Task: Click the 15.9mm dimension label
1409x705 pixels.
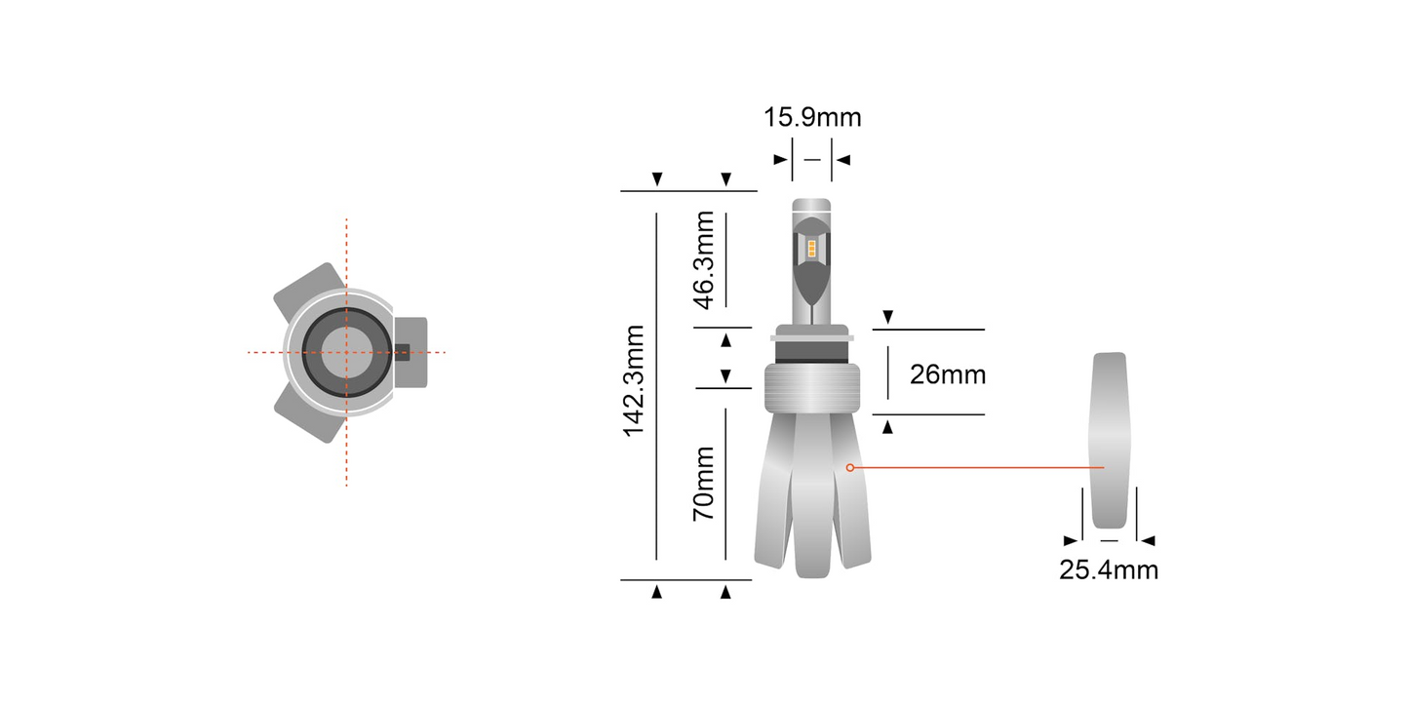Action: (812, 118)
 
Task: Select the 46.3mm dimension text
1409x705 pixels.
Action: (703, 258)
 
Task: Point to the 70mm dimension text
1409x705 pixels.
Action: (703, 483)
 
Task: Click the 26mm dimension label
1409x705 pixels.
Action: (947, 374)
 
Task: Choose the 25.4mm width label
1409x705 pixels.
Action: (1109, 569)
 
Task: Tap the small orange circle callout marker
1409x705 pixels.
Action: (850, 468)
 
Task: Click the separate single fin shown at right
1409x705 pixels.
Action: (1109, 439)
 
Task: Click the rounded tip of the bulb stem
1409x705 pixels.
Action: (811, 207)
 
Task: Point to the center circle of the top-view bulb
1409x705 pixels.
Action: (345, 352)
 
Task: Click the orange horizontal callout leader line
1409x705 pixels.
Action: (975, 468)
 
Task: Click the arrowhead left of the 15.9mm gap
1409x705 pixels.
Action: (780, 159)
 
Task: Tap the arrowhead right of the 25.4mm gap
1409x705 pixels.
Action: (1148, 540)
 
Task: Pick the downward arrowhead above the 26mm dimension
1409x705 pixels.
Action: (887, 318)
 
